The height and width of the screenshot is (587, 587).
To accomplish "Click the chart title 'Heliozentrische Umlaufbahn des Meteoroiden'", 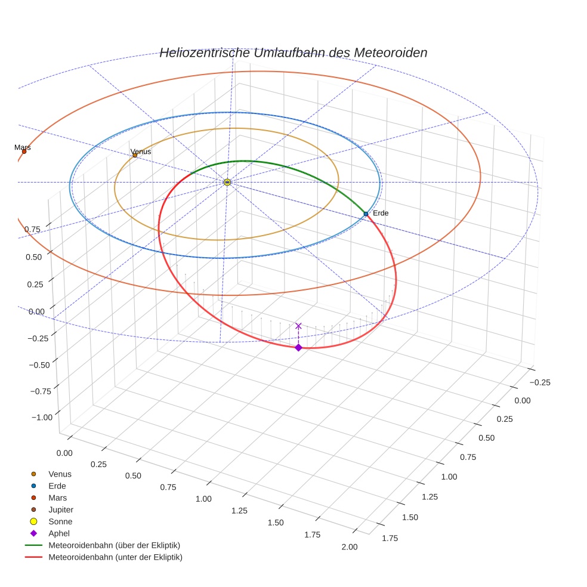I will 293,52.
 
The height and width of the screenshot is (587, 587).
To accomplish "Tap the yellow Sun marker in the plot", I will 227,182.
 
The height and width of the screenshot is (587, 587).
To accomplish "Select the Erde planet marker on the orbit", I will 366,214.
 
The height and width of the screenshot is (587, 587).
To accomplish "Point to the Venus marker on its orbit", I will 135,155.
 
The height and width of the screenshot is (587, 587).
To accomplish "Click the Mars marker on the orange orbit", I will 24,152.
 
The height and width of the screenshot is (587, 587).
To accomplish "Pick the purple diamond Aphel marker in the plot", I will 298,347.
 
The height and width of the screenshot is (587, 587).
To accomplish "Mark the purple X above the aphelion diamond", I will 298,326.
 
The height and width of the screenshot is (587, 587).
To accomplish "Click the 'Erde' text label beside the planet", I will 381,213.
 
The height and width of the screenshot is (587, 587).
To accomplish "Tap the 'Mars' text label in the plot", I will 23,147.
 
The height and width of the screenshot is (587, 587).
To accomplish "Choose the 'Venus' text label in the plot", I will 141,152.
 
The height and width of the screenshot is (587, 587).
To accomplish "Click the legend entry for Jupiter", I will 60,509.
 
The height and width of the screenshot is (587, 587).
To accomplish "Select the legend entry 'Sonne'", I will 60,521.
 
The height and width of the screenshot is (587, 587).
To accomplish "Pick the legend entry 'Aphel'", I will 59,533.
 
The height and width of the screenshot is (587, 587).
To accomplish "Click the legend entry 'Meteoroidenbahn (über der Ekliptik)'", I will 114,545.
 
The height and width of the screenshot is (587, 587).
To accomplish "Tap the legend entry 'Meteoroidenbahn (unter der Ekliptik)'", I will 115,557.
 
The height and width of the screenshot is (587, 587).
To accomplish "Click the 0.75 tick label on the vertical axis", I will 32,229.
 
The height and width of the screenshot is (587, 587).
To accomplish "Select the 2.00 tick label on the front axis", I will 349,547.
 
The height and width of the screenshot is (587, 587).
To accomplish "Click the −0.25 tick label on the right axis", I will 540,382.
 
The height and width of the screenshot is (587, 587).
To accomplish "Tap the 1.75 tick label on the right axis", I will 390,538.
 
